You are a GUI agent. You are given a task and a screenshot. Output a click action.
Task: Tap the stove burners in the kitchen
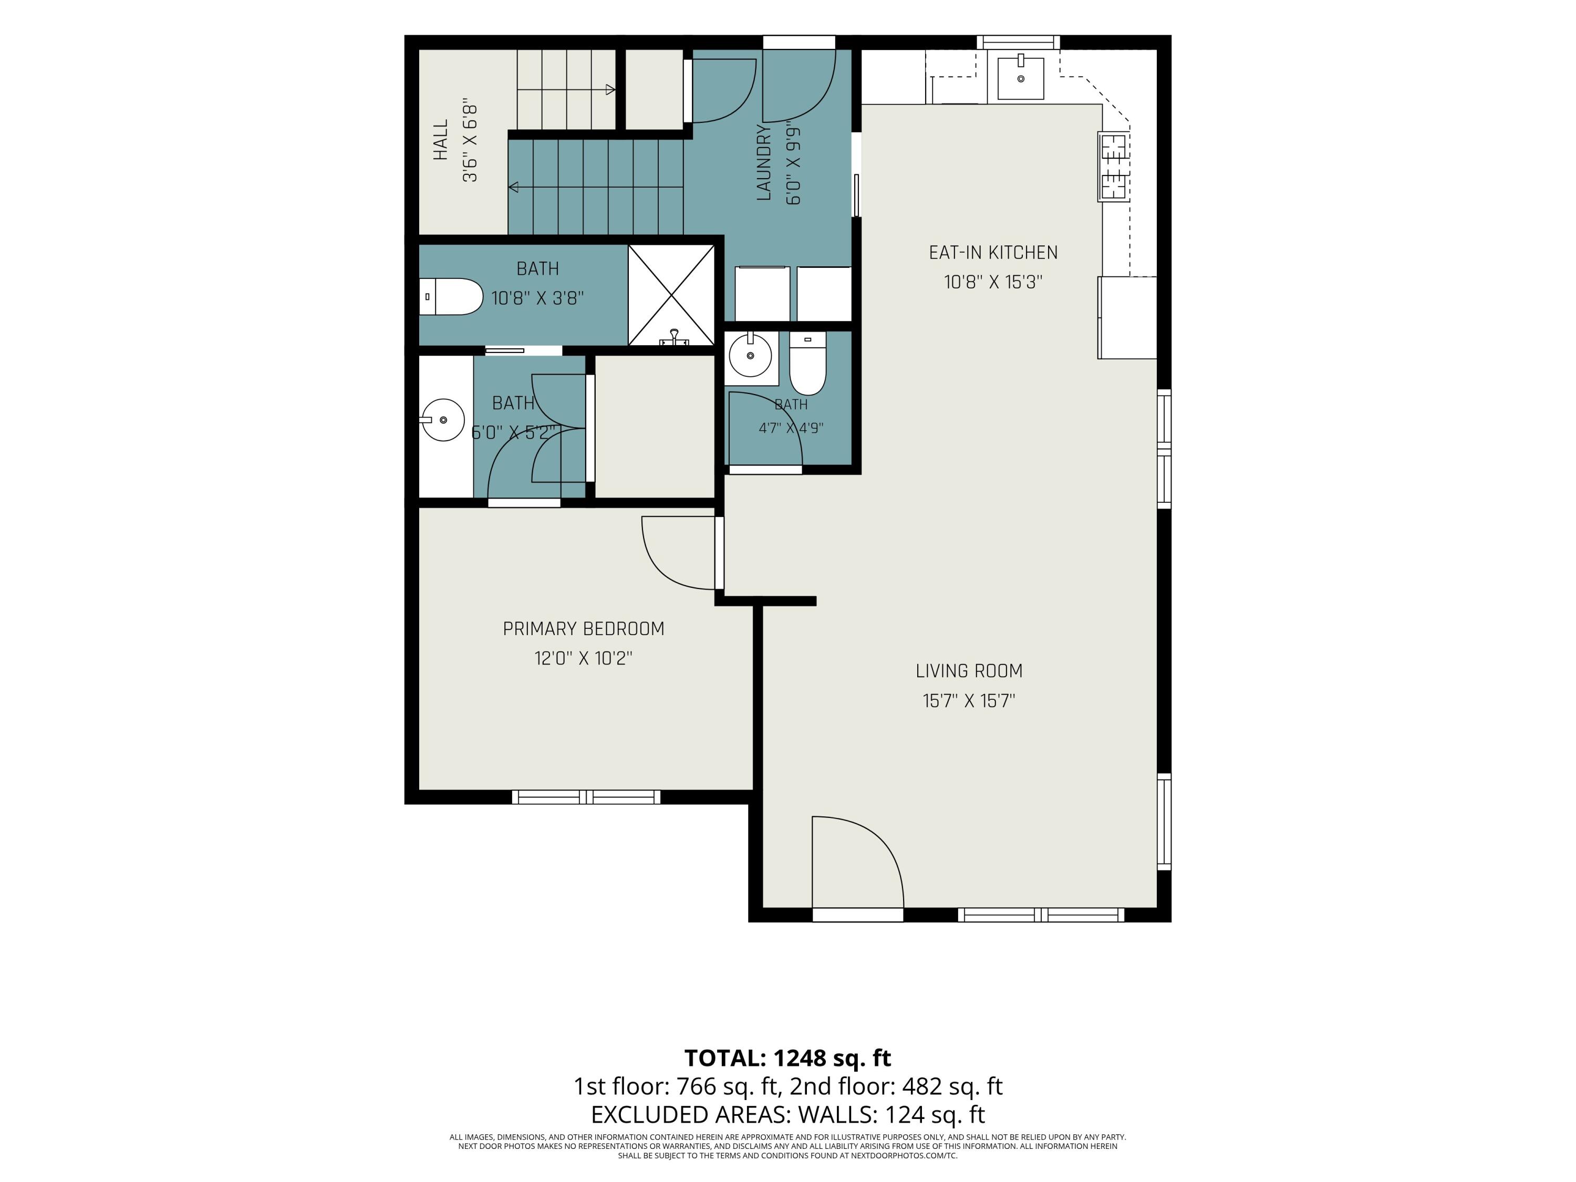click(1114, 167)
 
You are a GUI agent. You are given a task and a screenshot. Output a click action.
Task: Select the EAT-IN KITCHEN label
click(993, 252)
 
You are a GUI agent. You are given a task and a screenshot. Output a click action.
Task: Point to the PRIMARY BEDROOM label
click(584, 628)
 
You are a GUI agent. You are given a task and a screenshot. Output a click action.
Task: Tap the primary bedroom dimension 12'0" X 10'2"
click(584, 658)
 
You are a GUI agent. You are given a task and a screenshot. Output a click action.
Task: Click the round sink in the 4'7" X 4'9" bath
click(750, 355)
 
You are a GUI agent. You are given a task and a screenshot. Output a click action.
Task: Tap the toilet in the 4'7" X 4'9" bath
click(807, 364)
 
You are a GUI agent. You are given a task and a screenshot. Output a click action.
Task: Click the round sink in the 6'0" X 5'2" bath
click(442, 420)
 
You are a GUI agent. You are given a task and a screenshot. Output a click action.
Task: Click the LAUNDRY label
click(764, 162)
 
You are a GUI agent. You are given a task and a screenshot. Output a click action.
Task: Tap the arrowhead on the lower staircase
click(513, 188)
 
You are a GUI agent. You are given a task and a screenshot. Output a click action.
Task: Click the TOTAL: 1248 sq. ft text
click(787, 1058)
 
